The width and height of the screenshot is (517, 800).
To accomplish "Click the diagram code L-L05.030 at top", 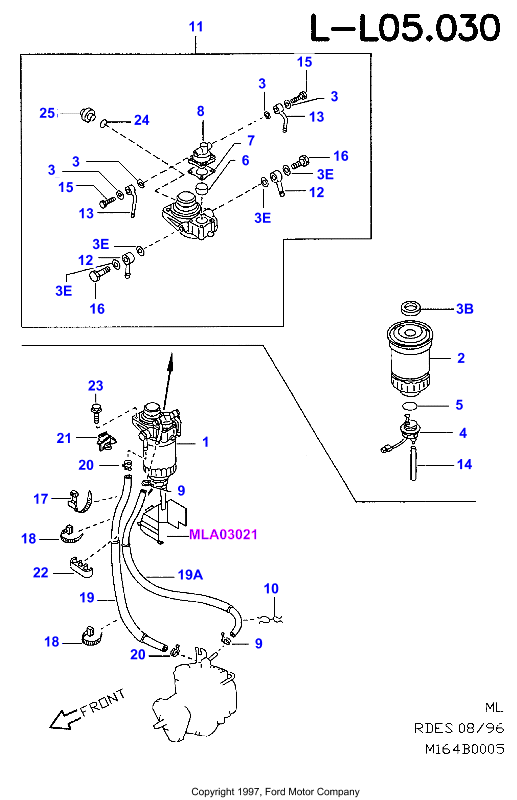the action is (406, 28).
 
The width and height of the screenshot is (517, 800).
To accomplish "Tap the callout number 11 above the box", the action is (196, 27).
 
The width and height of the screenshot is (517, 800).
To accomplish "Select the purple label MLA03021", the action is (223, 535).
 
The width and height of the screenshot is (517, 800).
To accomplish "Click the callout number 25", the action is (47, 113).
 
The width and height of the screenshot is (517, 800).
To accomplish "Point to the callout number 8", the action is (201, 111).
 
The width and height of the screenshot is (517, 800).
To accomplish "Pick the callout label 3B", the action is (464, 309).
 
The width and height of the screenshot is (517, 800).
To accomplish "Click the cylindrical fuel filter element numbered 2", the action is (410, 359).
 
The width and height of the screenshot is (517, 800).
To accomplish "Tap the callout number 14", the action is (464, 464).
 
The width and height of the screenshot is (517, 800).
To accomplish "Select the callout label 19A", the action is (190, 575).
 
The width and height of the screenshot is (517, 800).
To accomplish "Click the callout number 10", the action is (271, 589).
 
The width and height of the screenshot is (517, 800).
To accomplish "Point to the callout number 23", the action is (95, 386).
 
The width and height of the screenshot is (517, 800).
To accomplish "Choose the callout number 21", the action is (64, 438).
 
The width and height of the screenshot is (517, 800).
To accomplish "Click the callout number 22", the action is (41, 572).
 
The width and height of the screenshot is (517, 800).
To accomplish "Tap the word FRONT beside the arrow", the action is (103, 702).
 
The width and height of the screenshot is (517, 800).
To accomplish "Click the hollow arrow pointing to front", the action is (65, 718).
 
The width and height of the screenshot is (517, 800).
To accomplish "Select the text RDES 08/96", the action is (459, 728).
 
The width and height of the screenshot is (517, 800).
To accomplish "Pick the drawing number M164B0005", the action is (464, 749).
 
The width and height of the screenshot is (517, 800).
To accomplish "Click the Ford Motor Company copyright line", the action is (275, 792).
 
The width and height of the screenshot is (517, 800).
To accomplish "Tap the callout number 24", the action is (141, 120).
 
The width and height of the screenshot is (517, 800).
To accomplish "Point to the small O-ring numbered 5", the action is (410, 406).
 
